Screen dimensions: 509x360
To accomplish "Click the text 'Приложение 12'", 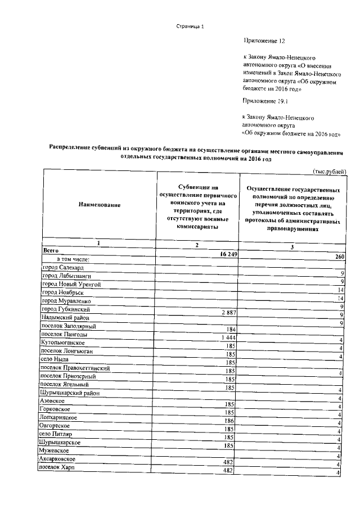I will [x=264, y=41].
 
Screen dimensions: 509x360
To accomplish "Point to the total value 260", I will [x=340, y=257].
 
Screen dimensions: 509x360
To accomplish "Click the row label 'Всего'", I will [x=51, y=249].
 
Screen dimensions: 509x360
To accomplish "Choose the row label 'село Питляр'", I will [x=56, y=435].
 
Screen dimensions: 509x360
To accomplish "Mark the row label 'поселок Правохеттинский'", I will [x=76, y=368].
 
